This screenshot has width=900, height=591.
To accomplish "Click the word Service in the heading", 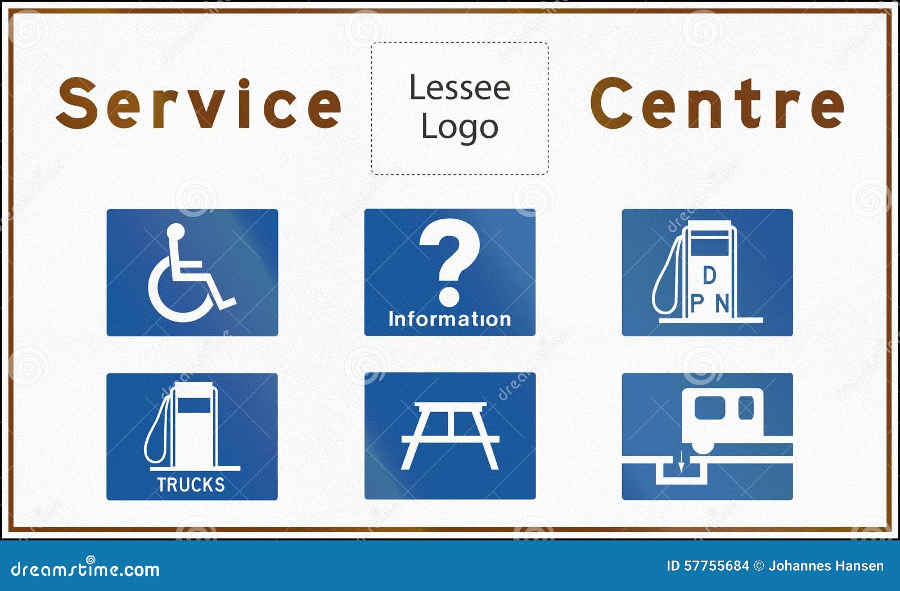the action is pyautogui.click(x=199, y=103).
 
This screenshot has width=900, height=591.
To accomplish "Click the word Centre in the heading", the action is pyautogui.click(x=717, y=103).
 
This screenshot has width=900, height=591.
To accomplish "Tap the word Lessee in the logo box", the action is pyautogui.click(x=460, y=87).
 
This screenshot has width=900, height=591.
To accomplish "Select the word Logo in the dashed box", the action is pyautogui.click(x=460, y=128).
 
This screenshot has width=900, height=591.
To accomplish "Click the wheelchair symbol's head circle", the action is pyautogui.click(x=175, y=232).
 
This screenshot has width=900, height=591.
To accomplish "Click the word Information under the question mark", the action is pyautogui.click(x=449, y=319).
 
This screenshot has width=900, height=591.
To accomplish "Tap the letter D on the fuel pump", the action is pyautogui.click(x=709, y=275).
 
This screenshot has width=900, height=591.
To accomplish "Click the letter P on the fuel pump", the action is pyautogui.click(x=697, y=303).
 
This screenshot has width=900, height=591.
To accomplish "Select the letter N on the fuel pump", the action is pyautogui.click(x=722, y=303).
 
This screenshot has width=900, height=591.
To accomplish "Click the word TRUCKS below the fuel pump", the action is pyautogui.click(x=191, y=485).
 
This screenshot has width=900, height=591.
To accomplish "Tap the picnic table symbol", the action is pyautogui.click(x=450, y=435).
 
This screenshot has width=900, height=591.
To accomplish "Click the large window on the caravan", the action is pyautogui.click(x=710, y=408).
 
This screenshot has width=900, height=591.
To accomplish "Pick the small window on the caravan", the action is pyautogui.click(x=746, y=408).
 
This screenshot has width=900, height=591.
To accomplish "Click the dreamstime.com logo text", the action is pyautogui.click(x=85, y=569).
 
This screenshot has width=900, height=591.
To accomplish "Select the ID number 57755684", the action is pyautogui.click(x=717, y=566).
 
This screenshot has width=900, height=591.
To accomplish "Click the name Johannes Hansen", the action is pyautogui.click(x=826, y=566).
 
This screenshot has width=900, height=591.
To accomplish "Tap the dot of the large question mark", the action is pyautogui.click(x=449, y=296).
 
